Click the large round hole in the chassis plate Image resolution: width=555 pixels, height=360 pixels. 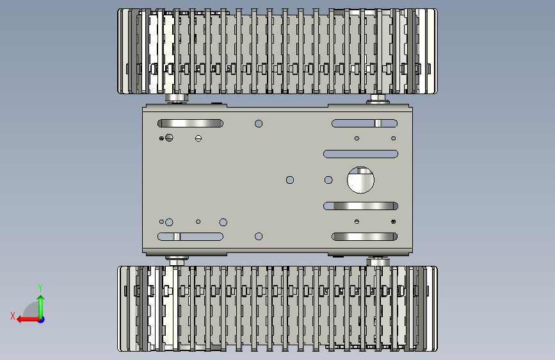point(360,180)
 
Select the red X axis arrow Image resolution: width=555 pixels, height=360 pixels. point(28,320)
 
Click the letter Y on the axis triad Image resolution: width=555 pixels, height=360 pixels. point(40,288)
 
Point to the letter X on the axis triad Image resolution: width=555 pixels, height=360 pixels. point(13,316)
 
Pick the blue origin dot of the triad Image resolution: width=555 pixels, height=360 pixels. point(42,320)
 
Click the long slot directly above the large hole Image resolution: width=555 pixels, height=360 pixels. point(360,154)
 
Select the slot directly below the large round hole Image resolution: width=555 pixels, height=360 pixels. point(360,206)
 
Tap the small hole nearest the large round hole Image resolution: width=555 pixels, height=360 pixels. point(328,180)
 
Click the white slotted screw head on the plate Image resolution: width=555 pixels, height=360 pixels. point(198,138)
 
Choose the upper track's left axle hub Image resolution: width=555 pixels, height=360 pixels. point(176,98)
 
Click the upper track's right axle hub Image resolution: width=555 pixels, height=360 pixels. point(378,99)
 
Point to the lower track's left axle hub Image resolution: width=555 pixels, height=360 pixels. point(176,261)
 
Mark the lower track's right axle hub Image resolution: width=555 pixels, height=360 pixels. point(378,261)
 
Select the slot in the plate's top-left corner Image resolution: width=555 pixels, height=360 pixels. point(190,123)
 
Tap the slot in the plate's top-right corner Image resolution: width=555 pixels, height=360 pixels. point(365,123)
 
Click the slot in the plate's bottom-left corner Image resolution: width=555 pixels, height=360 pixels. point(190,236)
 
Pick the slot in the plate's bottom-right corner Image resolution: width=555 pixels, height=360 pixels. point(365,236)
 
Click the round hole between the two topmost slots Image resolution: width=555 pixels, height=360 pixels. point(259,123)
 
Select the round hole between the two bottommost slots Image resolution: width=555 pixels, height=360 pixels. point(259,236)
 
